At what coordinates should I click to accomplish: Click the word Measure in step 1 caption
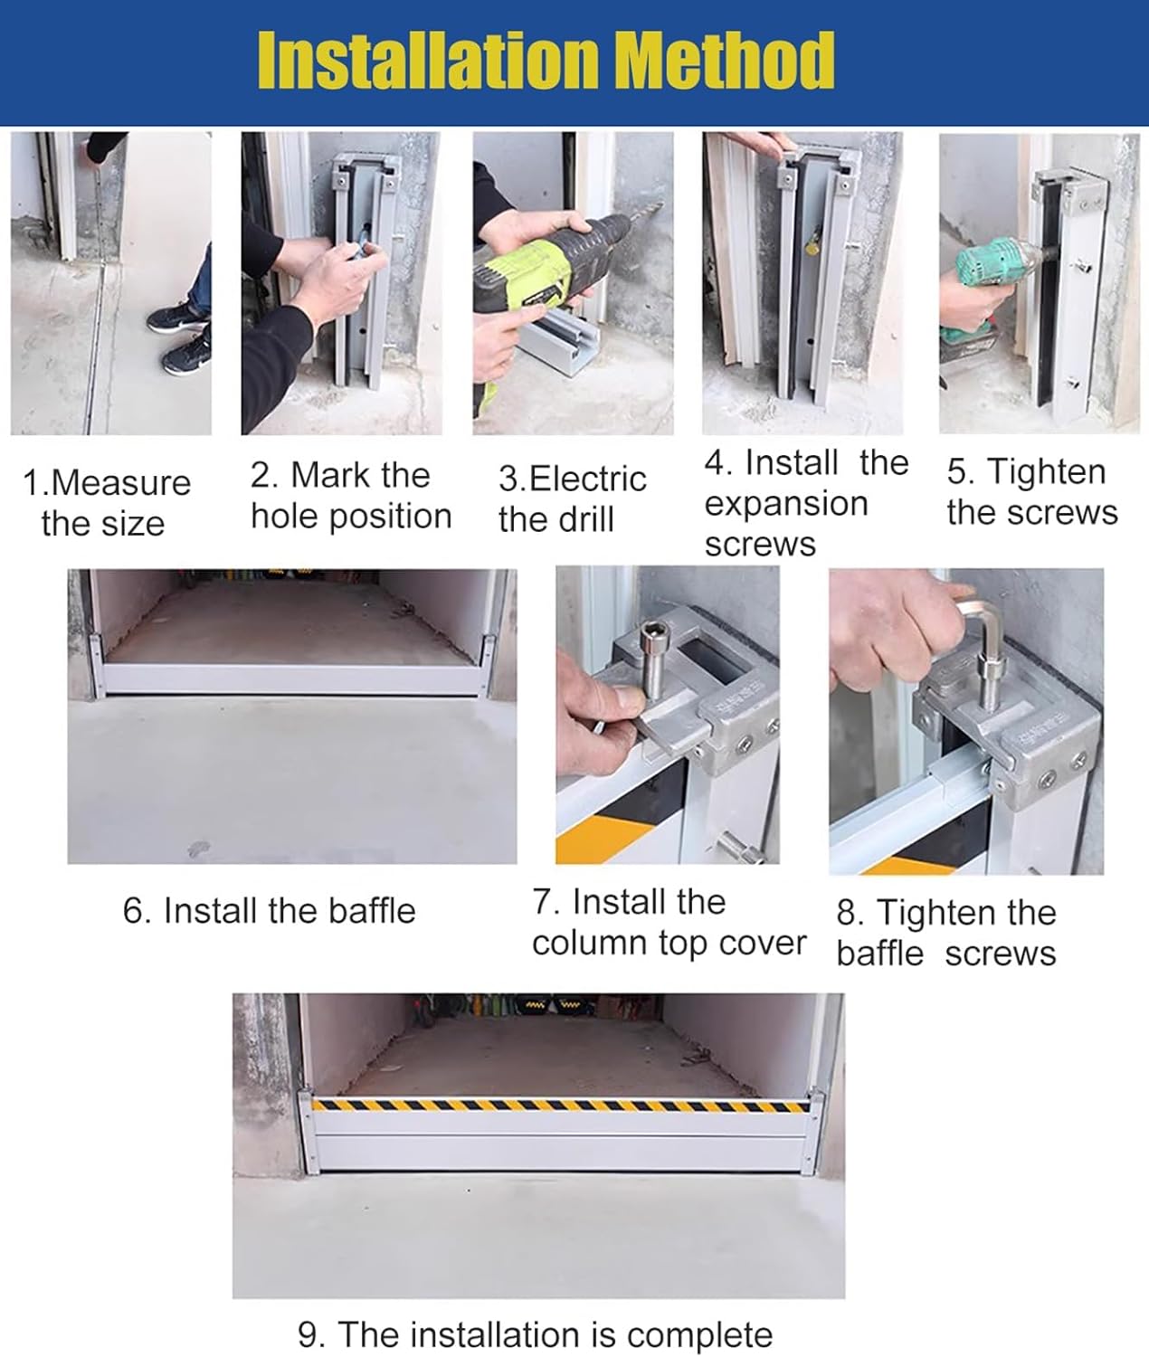pyautogui.click(x=121, y=483)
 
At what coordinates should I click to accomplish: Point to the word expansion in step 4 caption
pyautogui.click(x=785, y=504)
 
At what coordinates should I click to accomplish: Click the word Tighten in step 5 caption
pyautogui.click(x=1046, y=472)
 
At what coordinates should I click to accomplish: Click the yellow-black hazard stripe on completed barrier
pyautogui.click(x=561, y=1106)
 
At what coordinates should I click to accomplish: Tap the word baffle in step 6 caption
pyautogui.click(x=372, y=911)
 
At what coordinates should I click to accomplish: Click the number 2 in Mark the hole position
pyautogui.click(x=261, y=476)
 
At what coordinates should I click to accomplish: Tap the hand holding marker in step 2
pyautogui.click(x=344, y=262)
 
